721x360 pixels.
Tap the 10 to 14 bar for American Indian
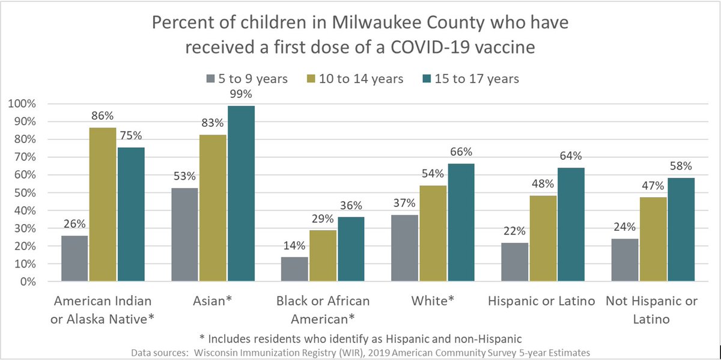[x=102, y=205]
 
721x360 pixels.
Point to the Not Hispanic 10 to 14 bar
[x=653, y=239]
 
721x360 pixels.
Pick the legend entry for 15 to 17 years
[x=477, y=79]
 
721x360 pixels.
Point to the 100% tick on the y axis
[x=22, y=104]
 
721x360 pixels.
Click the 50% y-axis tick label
[x=24, y=193]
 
